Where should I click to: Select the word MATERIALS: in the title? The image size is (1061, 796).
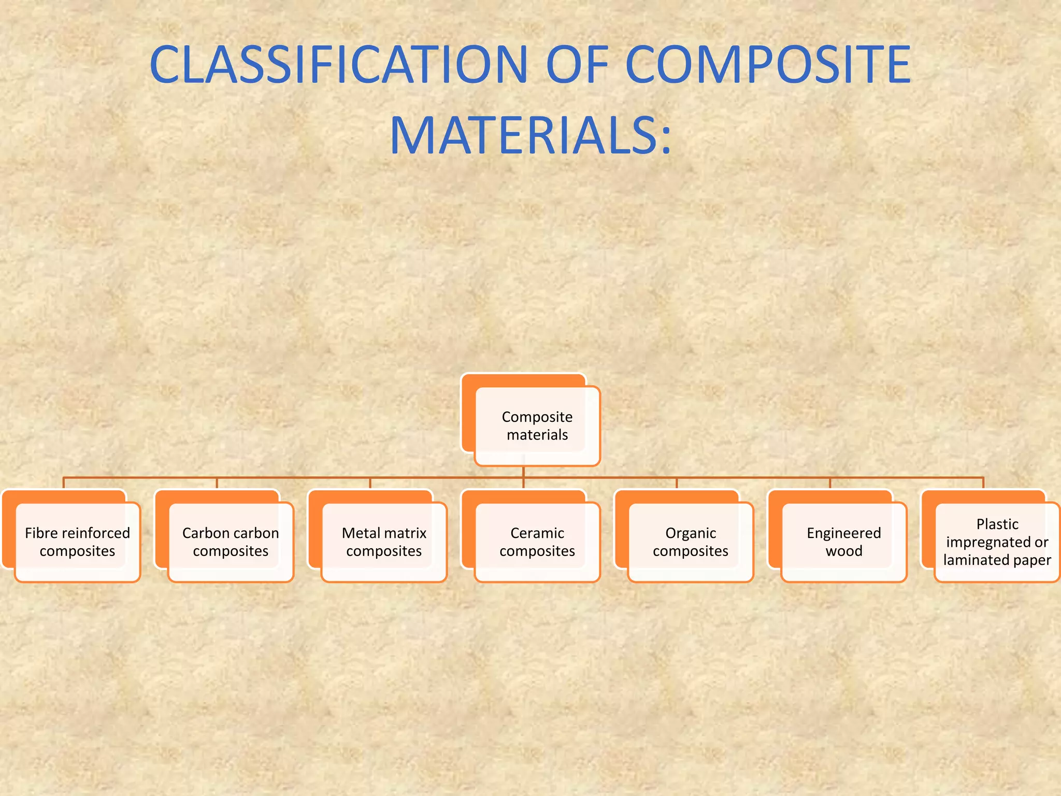tap(530, 136)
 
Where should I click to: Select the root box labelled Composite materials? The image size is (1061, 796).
tap(537, 426)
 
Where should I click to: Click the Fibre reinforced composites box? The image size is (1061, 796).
tap(77, 542)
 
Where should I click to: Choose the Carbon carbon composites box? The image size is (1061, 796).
tap(231, 542)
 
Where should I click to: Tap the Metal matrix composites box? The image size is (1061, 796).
tap(384, 542)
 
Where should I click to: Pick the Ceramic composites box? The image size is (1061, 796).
tap(537, 542)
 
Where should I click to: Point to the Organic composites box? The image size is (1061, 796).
tap(691, 542)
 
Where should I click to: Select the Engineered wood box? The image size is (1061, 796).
tap(844, 542)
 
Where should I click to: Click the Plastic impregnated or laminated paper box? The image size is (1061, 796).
tap(997, 542)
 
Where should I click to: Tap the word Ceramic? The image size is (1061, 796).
tap(537, 533)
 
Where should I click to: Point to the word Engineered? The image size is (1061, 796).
tap(844, 533)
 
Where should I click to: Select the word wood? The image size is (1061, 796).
tap(844, 551)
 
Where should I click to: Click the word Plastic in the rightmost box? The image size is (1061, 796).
tap(997, 524)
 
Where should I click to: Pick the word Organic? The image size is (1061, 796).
tap(691, 533)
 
